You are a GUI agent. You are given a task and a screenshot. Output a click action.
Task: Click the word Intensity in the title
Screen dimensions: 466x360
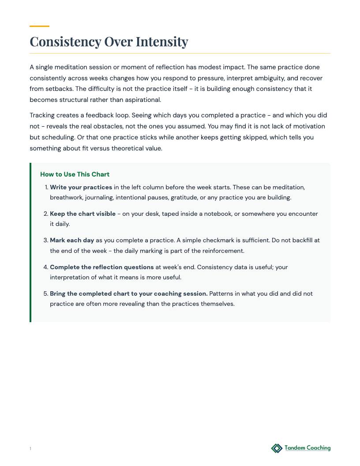pyautogui.click(x=162, y=41)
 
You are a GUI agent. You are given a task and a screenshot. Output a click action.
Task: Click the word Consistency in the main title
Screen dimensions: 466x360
pyautogui.click(x=65, y=41)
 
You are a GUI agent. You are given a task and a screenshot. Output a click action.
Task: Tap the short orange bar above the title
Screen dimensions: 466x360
pyautogui.click(x=39, y=26)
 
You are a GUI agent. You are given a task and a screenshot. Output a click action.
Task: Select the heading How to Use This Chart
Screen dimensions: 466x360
pyautogui.click(x=75, y=174)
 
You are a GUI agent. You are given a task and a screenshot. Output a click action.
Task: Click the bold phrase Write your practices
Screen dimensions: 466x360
pyautogui.click(x=81, y=187)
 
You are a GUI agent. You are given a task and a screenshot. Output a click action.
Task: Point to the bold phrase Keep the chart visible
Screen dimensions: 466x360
pyautogui.click(x=82, y=214)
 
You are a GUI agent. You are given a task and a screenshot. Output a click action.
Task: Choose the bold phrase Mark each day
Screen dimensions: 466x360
pyautogui.click(x=72, y=241)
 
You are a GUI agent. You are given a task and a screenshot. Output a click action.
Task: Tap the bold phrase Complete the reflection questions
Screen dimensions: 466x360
pyautogui.click(x=102, y=267)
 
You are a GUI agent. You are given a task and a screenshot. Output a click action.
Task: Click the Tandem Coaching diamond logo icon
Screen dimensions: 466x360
pyautogui.click(x=277, y=448)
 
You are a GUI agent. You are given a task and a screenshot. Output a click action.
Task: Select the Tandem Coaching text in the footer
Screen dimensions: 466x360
pyautogui.click(x=307, y=448)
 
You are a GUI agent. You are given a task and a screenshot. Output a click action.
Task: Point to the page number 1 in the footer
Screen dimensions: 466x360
pyautogui.click(x=30, y=449)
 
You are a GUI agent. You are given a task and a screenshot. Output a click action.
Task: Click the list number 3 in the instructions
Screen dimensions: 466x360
pyautogui.click(x=45, y=241)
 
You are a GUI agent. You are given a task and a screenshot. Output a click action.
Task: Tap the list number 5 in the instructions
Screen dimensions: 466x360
pyautogui.click(x=45, y=293)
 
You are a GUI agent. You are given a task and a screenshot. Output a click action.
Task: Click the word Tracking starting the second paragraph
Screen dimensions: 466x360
pyautogui.click(x=43, y=115)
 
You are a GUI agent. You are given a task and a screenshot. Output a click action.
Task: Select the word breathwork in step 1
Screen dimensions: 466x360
pyautogui.click(x=66, y=197)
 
